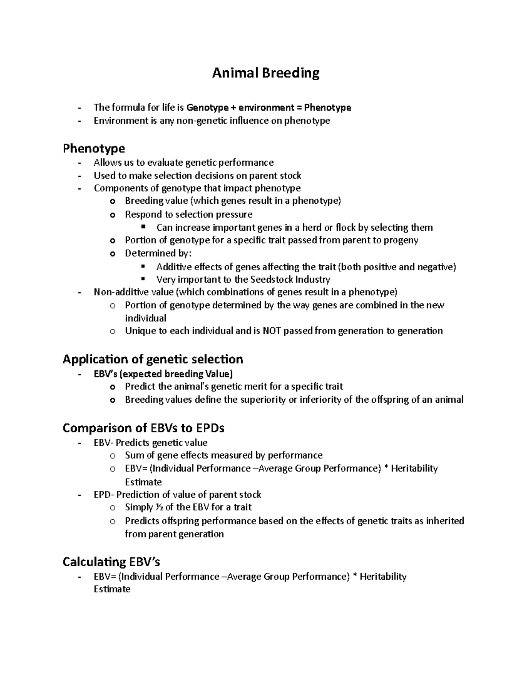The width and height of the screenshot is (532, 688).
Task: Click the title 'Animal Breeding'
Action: click(266, 73)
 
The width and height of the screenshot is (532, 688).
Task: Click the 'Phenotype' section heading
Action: click(94, 148)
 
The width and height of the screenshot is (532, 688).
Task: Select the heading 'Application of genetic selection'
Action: click(153, 359)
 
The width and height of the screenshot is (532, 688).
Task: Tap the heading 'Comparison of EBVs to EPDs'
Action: click(143, 428)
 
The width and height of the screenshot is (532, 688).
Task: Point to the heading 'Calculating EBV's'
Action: click(111, 562)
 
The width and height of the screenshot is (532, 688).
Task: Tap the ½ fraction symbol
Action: click(158, 507)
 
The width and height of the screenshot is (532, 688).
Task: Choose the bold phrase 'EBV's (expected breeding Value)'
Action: click(163, 373)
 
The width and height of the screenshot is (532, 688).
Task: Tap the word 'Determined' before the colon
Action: click(156, 253)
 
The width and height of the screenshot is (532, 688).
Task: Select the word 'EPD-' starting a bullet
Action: click(104, 494)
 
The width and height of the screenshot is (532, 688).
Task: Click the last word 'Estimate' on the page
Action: click(112, 589)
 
